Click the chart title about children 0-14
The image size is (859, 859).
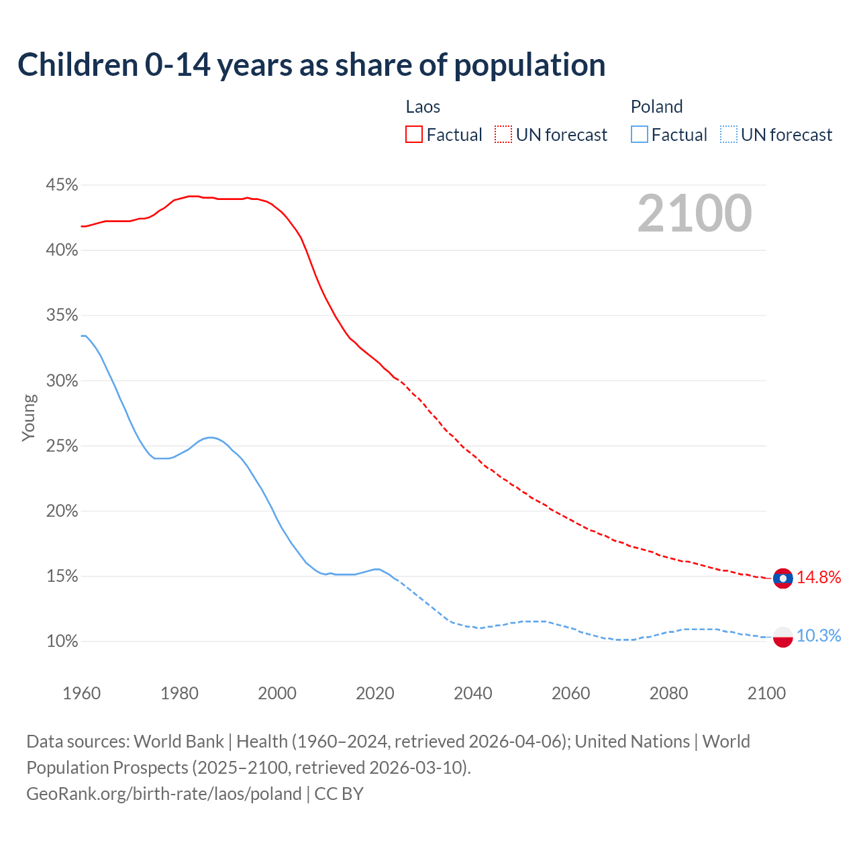[311, 65]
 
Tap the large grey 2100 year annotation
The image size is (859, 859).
[694, 213]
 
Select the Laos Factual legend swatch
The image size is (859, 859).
[414, 135]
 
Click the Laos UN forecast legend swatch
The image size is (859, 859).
[503, 135]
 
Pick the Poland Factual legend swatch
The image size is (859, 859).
[640, 135]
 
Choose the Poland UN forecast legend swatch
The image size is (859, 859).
[729, 135]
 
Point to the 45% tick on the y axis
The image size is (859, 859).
[62, 185]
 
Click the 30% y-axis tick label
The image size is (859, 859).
[62, 381]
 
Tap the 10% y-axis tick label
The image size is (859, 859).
[62, 642]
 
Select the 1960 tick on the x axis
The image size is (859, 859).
[81, 693]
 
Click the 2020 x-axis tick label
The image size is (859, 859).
[375, 693]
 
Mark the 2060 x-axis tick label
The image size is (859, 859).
[570, 693]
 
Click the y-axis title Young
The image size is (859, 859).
[28, 417]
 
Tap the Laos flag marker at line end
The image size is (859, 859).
[782, 578]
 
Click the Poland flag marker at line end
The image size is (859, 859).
[782, 636]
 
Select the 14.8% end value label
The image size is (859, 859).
[819, 578]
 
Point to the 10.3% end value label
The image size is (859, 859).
[819, 636]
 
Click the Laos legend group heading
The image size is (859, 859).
[423, 107]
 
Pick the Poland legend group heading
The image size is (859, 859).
[656, 107]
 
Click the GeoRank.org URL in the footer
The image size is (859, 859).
[164, 794]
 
